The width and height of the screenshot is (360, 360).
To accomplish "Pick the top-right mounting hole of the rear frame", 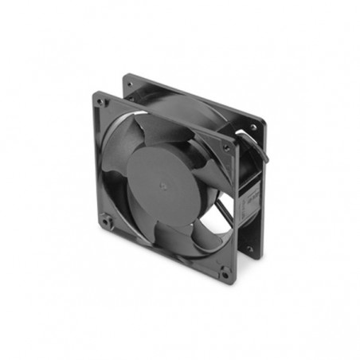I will click(253, 127).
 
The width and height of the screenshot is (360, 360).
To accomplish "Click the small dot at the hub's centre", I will click(164, 184).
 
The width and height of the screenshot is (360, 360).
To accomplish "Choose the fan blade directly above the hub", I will click(171, 131).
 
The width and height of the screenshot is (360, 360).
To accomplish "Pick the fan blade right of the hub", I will click(208, 171).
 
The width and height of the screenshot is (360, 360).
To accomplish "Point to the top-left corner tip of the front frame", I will click(95, 92).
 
